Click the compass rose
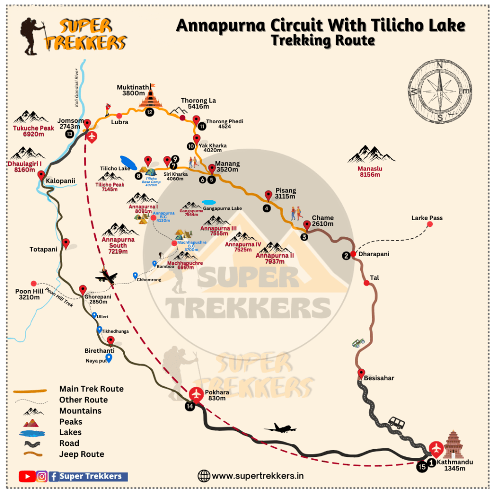pos(440,87)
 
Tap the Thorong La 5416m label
pos(198,104)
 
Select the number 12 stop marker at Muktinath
pos(150,112)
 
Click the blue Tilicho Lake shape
pos(128,161)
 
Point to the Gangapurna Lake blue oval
pos(209,202)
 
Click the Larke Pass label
pos(427,218)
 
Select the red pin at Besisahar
pos(361,373)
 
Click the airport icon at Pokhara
pos(196,394)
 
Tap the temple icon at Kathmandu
pos(454,445)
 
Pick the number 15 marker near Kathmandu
pos(422,467)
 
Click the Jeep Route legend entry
pos(81,454)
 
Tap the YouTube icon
pos(26,477)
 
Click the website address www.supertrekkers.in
pos(258,476)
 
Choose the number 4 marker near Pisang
pos(266,208)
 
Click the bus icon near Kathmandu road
pos(396,423)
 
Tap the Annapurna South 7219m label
pos(118,242)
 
